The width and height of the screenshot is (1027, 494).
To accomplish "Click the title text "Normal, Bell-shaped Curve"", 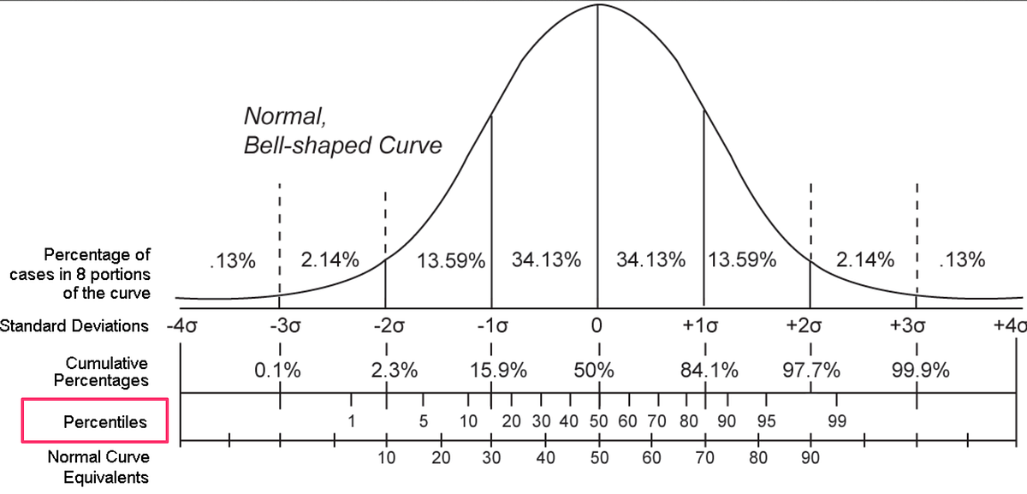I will click(x=342, y=130).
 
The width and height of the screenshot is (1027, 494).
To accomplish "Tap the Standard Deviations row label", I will click(x=74, y=326).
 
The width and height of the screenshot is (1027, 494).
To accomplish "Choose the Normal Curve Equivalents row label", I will click(x=98, y=467).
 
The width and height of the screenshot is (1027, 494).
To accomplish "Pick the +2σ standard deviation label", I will click(x=810, y=326).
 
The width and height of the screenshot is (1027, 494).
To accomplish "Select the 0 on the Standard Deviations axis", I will click(x=597, y=326).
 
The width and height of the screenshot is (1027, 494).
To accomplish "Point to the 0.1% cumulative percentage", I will click(x=278, y=371).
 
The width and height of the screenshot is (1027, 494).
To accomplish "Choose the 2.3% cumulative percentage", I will click(x=395, y=371).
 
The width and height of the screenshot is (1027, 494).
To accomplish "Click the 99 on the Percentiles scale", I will click(x=838, y=422).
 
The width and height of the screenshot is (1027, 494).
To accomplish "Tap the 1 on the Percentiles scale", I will click(x=352, y=422).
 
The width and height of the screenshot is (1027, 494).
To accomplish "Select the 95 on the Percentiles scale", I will click(x=766, y=422).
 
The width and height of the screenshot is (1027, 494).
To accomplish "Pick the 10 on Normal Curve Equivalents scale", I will click(x=386, y=458).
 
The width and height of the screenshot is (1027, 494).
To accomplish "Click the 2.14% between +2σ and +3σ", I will click(x=865, y=259).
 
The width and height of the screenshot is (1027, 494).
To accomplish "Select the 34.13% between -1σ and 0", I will click(x=546, y=259).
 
